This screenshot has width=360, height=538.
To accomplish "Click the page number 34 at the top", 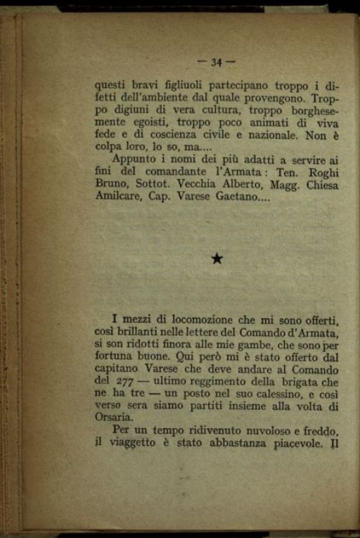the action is [x=217, y=62].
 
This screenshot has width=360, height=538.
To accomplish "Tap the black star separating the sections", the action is [x=217, y=259].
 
